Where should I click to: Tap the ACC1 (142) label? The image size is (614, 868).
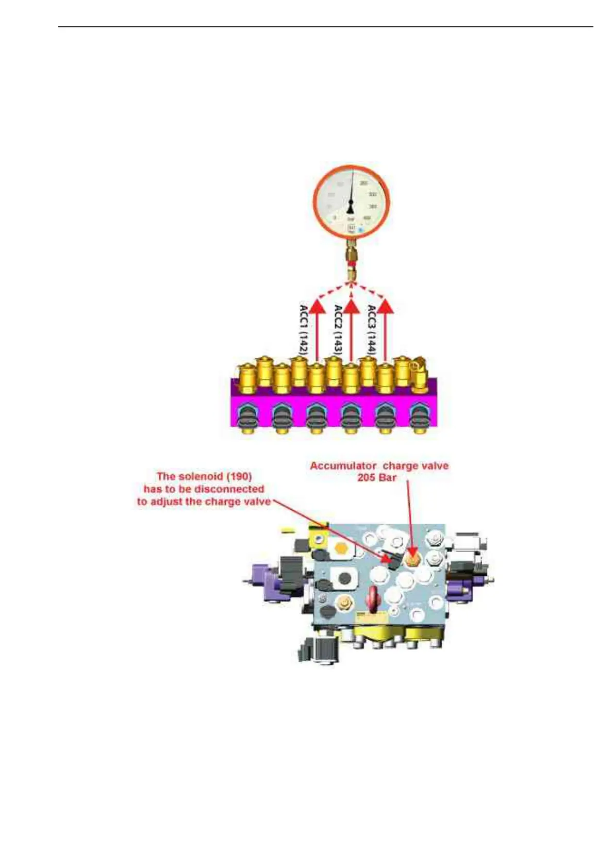pos(304,329)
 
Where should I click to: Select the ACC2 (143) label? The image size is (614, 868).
pos(338,329)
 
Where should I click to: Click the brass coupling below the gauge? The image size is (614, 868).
pos(351,261)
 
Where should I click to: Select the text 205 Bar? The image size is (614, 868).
pos(377,478)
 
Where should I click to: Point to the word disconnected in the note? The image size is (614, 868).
pos(231,489)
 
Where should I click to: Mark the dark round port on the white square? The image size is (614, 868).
pos(342,577)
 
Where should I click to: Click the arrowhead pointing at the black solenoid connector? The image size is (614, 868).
pos(389,558)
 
